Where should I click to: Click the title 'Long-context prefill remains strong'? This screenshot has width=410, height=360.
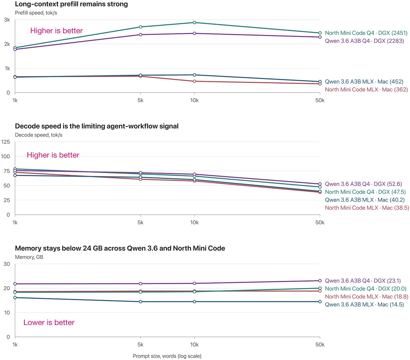pyautogui.click(x=71, y=4)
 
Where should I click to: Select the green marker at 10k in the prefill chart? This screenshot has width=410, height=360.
pyautogui.click(x=194, y=22)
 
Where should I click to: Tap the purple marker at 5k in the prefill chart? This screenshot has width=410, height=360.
pyautogui.click(x=141, y=35)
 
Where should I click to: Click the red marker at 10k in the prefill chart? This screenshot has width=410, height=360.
pyautogui.click(x=194, y=81)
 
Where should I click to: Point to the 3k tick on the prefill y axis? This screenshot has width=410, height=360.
pyautogui.click(x=7, y=20)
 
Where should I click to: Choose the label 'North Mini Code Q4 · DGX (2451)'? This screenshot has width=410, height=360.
pyautogui.click(x=366, y=33)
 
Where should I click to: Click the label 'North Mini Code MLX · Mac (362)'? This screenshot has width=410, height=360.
pyautogui.click(x=366, y=89)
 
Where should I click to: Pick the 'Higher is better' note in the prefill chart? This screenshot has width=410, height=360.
pyautogui.click(x=57, y=31)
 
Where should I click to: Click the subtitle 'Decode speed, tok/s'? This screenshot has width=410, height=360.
pyautogui.click(x=39, y=135)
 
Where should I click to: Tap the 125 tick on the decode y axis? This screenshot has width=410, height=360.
pyautogui.click(x=5, y=142)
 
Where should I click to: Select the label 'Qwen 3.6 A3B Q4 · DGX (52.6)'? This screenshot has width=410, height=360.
pyautogui.click(x=363, y=184)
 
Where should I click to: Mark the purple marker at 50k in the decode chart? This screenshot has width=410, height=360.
pyautogui.click(x=320, y=184)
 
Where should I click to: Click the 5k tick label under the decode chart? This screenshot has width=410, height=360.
pyautogui.click(x=141, y=222)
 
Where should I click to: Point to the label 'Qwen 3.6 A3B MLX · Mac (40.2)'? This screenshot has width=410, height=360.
pyautogui.click(x=365, y=200)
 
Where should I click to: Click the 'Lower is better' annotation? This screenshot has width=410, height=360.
pyautogui.click(x=49, y=322)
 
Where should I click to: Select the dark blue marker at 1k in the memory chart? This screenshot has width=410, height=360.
pyautogui.click(x=15, y=298)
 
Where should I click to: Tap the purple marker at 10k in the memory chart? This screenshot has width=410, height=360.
pyautogui.click(x=194, y=283)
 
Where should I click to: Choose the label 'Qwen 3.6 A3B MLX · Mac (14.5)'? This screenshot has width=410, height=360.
pyautogui.click(x=364, y=304)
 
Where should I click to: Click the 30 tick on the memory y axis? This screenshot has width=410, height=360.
pyautogui.click(x=7, y=264)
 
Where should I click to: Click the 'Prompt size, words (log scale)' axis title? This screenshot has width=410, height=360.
pyautogui.click(x=167, y=356)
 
